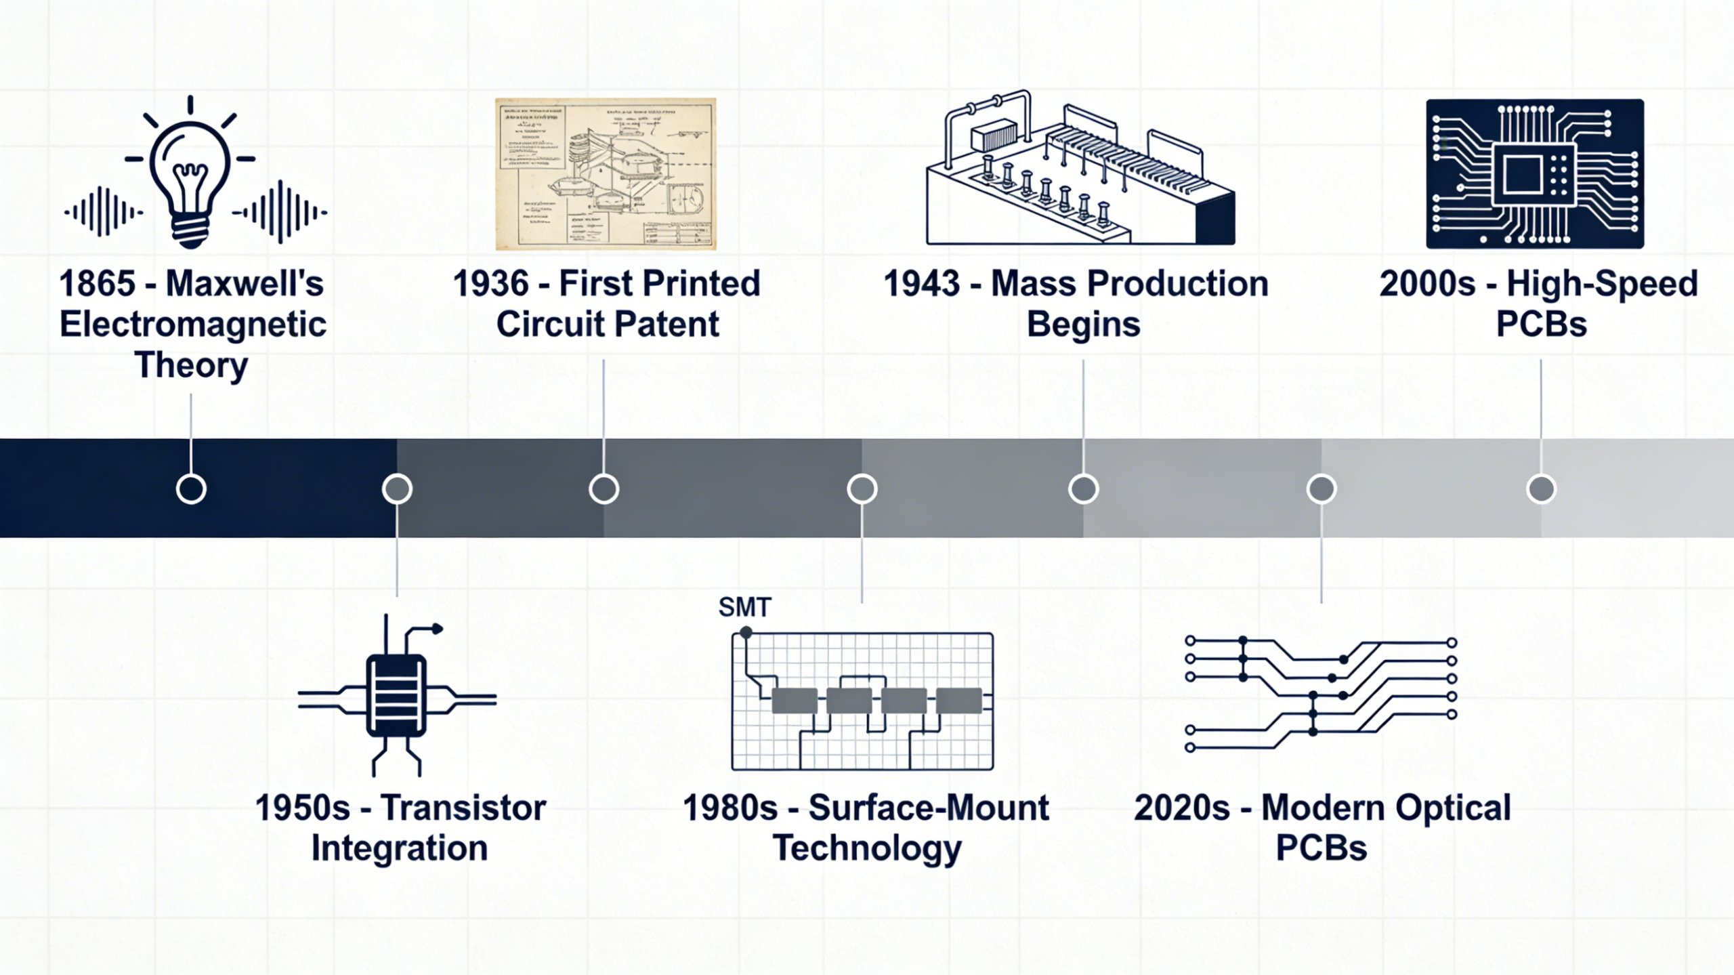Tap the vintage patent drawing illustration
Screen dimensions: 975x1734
[606, 174]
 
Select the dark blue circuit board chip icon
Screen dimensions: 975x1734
[1534, 174]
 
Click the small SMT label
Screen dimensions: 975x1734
[744, 607]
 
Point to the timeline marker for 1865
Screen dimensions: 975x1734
[191, 489]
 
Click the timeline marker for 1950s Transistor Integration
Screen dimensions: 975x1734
[397, 489]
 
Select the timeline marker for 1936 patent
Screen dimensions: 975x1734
[604, 489]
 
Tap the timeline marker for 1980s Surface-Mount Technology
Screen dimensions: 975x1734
[862, 489]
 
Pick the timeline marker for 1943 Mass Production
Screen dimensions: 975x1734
[1083, 489]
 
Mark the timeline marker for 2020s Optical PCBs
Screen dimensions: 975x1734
[1321, 489]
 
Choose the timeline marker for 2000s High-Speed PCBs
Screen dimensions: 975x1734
[1541, 489]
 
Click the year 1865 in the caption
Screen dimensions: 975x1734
[97, 283]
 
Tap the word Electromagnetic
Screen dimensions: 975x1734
[193, 325]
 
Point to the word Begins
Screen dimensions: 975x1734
[1083, 325]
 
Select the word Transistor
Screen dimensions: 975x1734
[463, 808]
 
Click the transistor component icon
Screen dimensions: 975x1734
[396, 697]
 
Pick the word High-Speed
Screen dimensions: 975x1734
[1602, 283]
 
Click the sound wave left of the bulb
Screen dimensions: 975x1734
[103, 212]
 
